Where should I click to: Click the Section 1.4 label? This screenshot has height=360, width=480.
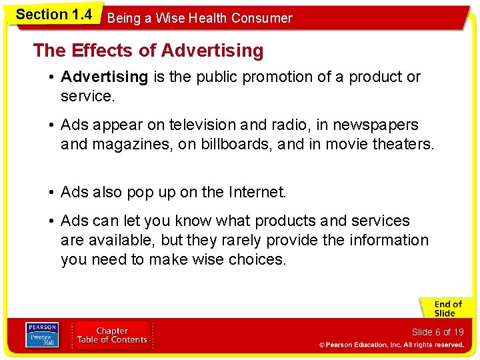point(53,15)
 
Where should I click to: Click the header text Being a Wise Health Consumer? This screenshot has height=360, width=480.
point(199,18)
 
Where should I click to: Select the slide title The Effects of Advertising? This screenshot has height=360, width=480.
point(148,50)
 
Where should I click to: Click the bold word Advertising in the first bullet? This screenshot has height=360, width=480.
point(104,77)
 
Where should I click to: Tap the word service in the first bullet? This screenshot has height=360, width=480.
point(86,96)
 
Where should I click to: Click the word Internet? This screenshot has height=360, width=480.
point(256,192)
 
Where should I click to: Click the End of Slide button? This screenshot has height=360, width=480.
point(445,309)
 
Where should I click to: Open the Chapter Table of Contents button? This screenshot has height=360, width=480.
point(112,335)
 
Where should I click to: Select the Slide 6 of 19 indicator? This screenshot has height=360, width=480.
point(437,332)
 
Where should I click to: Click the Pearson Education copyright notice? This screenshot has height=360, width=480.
point(391,345)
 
